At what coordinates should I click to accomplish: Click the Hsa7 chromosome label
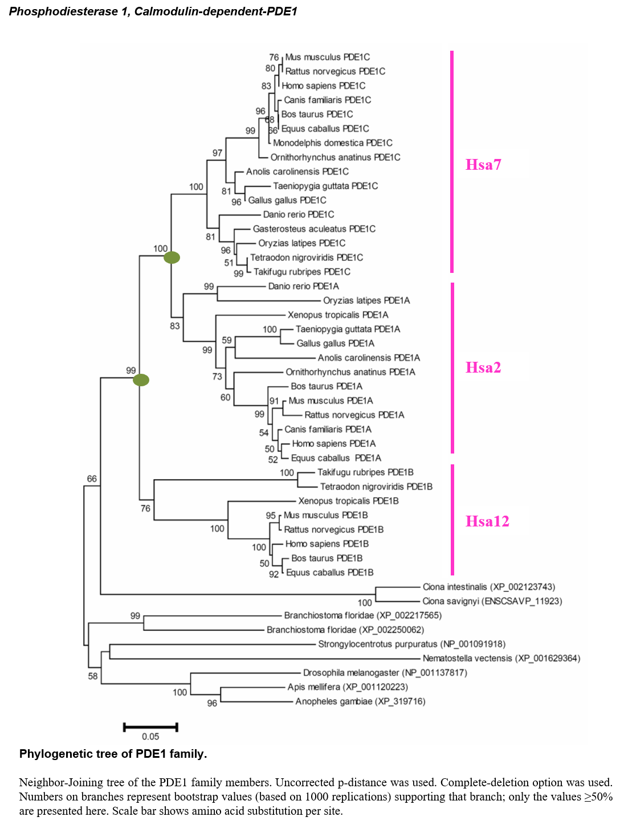[x=483, y=165]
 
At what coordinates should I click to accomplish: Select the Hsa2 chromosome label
[x=483, y=367]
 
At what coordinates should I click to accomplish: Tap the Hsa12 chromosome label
[x=487, y=521]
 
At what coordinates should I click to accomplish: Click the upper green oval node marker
[x=172, y=258]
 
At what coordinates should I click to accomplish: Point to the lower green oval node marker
[x=141, y=380]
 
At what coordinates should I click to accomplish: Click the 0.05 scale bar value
[x=150, y=737]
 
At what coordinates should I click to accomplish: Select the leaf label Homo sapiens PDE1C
[x=324, y=85]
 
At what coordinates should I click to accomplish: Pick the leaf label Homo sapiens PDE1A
[x=334, y=444]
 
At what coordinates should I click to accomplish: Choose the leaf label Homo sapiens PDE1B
[x=327, y=544]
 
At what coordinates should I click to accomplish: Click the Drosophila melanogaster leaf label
[x=385, y=673]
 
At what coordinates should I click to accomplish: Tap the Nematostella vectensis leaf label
[x=501, y=659]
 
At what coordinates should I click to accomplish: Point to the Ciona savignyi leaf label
[x=492, y=601]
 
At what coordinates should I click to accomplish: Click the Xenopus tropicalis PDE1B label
[x=349, y=501]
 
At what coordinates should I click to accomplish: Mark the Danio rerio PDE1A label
[x=304, y=286]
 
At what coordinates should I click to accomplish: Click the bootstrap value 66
[x=92, y=479]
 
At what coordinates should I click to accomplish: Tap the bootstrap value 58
[x=93, y=676]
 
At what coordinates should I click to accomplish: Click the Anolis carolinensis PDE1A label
[x=369, y=358]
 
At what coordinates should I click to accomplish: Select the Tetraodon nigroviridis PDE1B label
[x=377, y=487]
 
